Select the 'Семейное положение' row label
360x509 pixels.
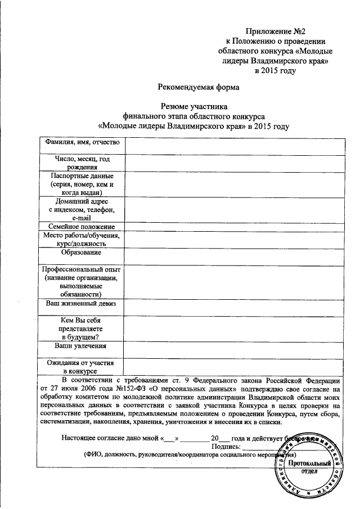coord(81,226)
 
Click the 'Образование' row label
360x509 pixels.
coord(81,253)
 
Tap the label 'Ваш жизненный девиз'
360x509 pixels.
coord(81,303)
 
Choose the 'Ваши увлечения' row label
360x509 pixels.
coord(81,346)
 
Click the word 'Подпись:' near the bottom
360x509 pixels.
coord(225,447)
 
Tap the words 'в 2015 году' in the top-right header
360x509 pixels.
coord(272,70)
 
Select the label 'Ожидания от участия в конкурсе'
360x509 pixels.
coord(81,366)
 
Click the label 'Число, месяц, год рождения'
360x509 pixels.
coord(81,163)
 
